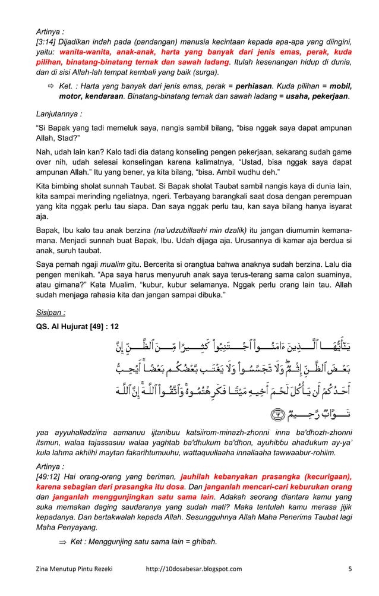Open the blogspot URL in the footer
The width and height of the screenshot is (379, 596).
pos(193,586)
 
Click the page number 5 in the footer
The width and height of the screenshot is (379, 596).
pos(350,586)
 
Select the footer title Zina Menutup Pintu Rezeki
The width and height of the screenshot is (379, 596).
pos(73,586)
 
